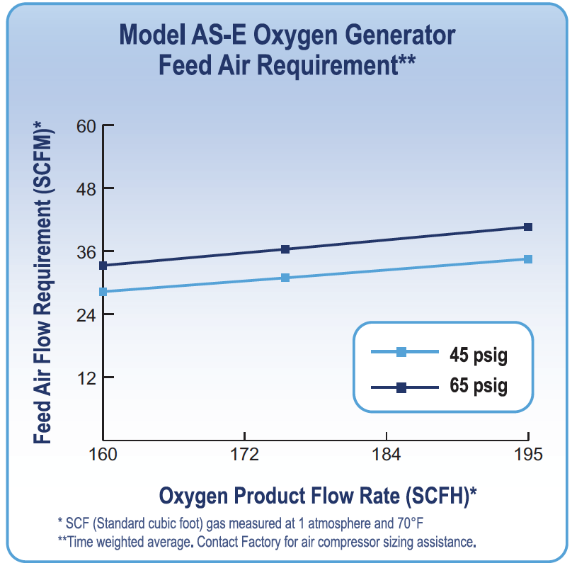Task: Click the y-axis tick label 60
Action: pyautogui.click(x=86, y=126)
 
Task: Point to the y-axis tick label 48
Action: pyautogui.click(x=86, y=189)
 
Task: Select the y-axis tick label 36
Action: pyautogui.click(x=86, y=252)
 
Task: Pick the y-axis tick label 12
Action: pyautogui.click(x=86, y=377)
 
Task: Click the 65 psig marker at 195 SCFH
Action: pyautogui.click(x=527, y=227)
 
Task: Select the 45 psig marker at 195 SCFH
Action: pyautogui.click(x=527, y=259)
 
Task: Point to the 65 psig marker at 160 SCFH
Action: pyautogui.click(x=103, y=266)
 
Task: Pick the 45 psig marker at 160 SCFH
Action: pyautogui.click(x=103, y=292)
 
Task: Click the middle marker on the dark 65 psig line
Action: pyautogui.click(x=285, y=249)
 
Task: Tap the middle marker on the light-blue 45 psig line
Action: pyautogui.click(x=285, y=278)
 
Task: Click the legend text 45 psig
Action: pyautogui.click(x=478, y=354)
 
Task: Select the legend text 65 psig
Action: pyautogui.click(x=478, y=387)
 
